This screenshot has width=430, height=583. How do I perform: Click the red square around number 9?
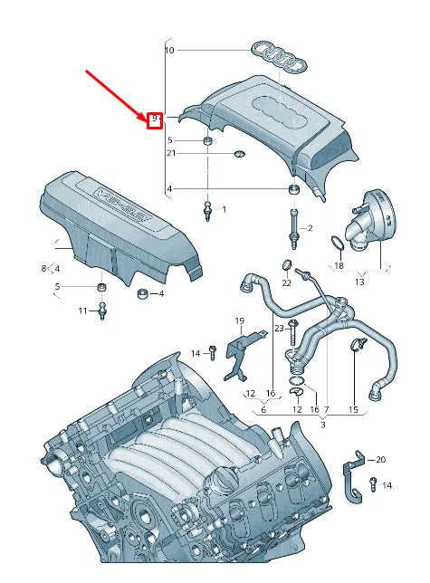[155, 119]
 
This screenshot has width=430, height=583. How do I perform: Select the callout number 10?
[168, 52]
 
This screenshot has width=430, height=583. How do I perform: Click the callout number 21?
[170, 154]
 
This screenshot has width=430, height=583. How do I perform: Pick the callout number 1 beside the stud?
[225, 209]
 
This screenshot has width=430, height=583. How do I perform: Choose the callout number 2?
[310, 228]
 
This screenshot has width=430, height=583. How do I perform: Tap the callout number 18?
[339, 266]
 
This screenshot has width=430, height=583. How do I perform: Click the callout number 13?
[359, 282]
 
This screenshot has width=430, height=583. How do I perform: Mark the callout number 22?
[286, 283]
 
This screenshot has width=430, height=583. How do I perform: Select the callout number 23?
[280, 327]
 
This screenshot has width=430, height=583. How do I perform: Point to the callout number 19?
[240, 321]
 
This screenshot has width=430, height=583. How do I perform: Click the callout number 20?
[381, 460]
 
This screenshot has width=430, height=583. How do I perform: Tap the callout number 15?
[353, 410]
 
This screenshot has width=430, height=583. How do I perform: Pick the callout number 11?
[82, 311]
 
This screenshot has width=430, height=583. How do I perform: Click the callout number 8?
[43, 269]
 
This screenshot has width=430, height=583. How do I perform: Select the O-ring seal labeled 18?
[337, 243]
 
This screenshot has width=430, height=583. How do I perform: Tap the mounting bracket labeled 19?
[237, 351]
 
